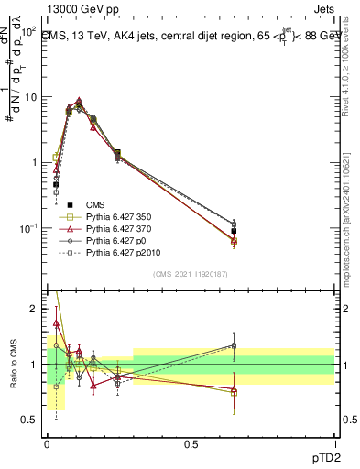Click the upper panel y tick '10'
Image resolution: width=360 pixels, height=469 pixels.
point(30,96)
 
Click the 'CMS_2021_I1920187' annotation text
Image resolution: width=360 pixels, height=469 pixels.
point(190,273)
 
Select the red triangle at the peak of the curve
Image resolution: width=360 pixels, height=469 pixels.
point(79,102)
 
